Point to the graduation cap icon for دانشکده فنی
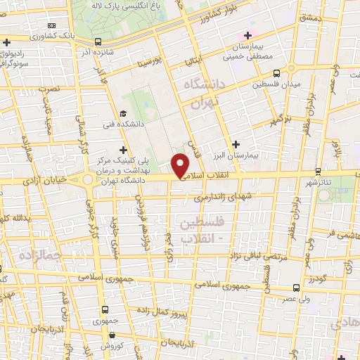pos(123,114)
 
